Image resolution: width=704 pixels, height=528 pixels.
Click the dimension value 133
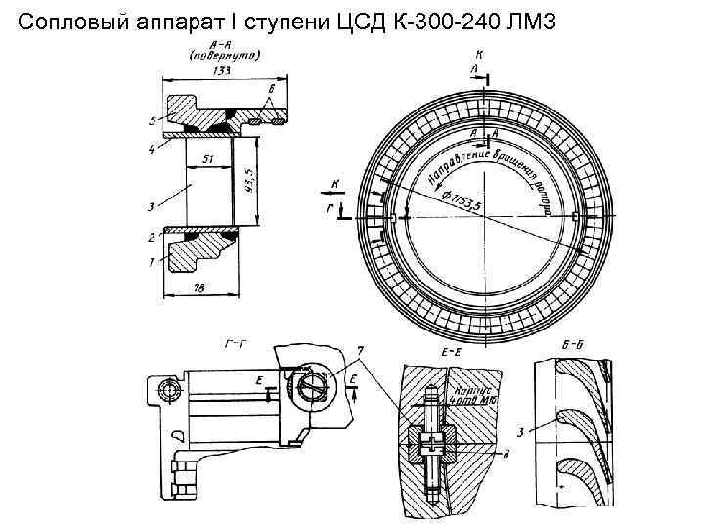coord(224,71)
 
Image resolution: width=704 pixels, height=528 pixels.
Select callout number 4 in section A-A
coord(152,150)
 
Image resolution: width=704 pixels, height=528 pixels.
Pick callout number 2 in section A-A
coord(152,237)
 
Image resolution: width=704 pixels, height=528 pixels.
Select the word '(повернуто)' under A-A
coord(224,56)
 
